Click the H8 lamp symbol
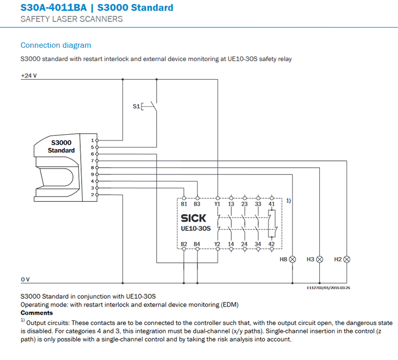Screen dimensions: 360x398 tap(293, 259)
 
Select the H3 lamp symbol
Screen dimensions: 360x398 tap(320, 259)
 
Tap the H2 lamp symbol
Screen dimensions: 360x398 tap(347, 259)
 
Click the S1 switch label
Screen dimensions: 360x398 tap(136, 106)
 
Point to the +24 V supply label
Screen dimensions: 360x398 tap(29, 76)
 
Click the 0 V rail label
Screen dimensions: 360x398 tap(25, 279)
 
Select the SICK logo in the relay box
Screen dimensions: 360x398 tap(193, 219)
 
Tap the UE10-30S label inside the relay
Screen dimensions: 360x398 tap(196, 228)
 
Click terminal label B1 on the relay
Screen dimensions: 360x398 tap(185, 204)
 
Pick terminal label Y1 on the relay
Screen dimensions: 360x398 tap(218, 204)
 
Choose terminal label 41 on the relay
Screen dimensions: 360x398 tap(272, 204)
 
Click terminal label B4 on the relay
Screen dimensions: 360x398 tap(197, 244)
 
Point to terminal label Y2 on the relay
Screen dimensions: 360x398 tap(218, 244)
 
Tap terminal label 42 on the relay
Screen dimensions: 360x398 tap(272, 244)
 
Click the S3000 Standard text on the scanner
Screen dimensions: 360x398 tap(61, 146)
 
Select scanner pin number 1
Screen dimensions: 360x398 tap(92, 140)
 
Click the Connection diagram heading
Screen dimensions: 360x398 tap(56, 45)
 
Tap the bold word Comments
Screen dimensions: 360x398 tap(37, 313)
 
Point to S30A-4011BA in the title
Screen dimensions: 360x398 tap(50, 8)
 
